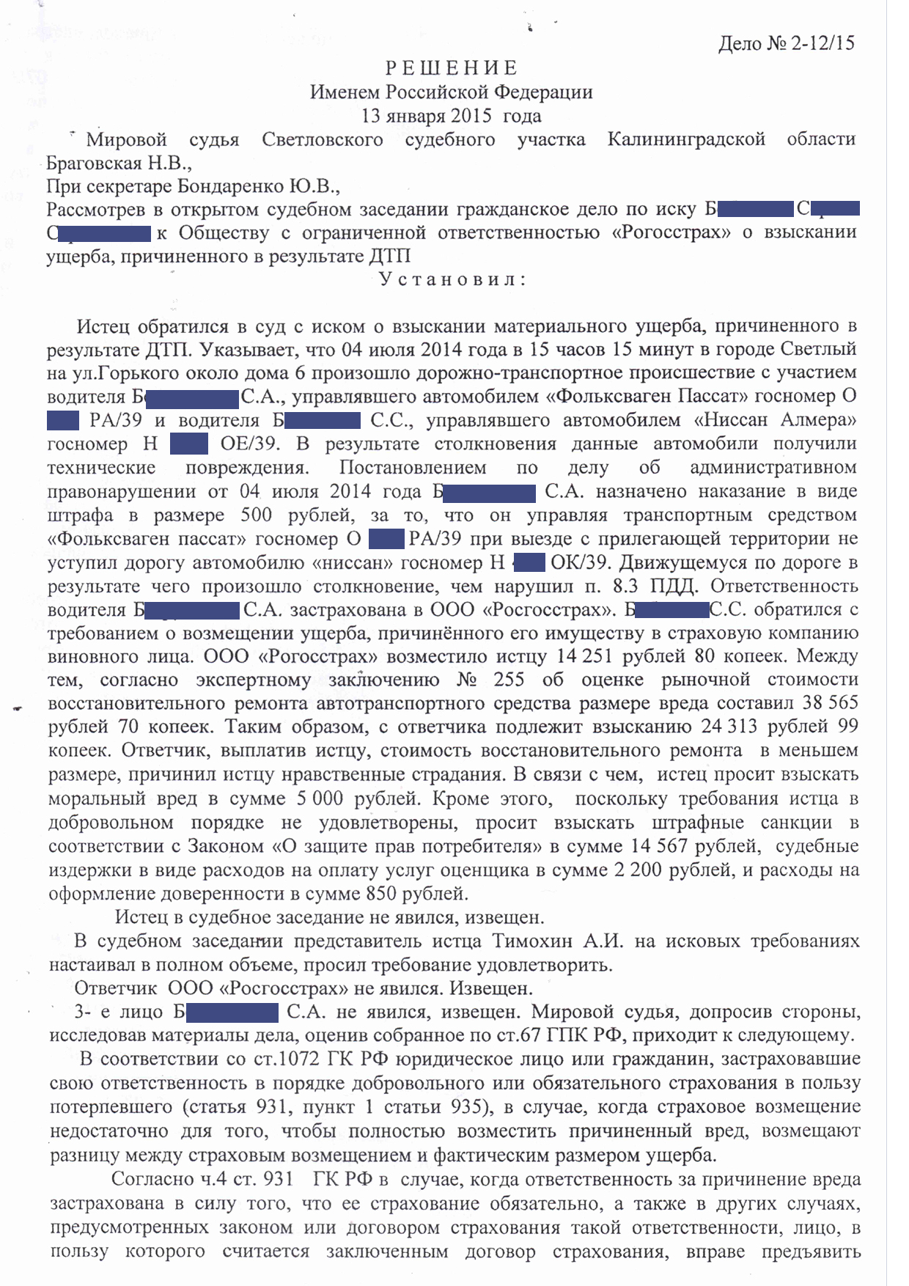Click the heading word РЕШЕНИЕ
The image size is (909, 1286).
[x=452, y=68]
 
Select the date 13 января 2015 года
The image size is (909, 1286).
[x=452, y=116]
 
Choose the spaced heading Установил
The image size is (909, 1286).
[x=452, y=280]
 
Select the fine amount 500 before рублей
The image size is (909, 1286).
[x=256, y=515]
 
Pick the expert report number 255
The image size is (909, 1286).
[x=509, y=680]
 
